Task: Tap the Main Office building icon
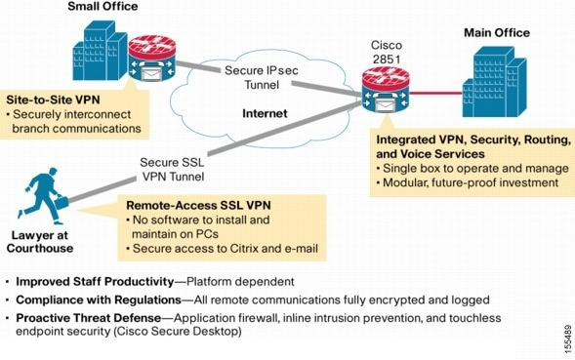(494, 82)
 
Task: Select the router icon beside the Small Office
(152, 59)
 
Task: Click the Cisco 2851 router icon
(386, 91)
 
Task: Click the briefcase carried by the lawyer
(62, 202)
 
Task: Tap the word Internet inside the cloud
(265, 113)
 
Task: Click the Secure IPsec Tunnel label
(262, 77)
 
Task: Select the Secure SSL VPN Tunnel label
(173, 170)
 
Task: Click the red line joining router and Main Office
(436, 93)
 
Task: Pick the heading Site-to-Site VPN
(53, 100)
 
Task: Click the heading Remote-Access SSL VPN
(198, 205)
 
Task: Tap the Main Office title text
(497, 32)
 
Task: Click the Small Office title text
(103, 6)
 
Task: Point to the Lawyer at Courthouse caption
(40, 242)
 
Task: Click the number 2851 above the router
(387, 59)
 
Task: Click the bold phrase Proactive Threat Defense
(89, 318)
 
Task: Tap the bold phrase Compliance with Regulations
(99, 300)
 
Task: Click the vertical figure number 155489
(567, 340)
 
